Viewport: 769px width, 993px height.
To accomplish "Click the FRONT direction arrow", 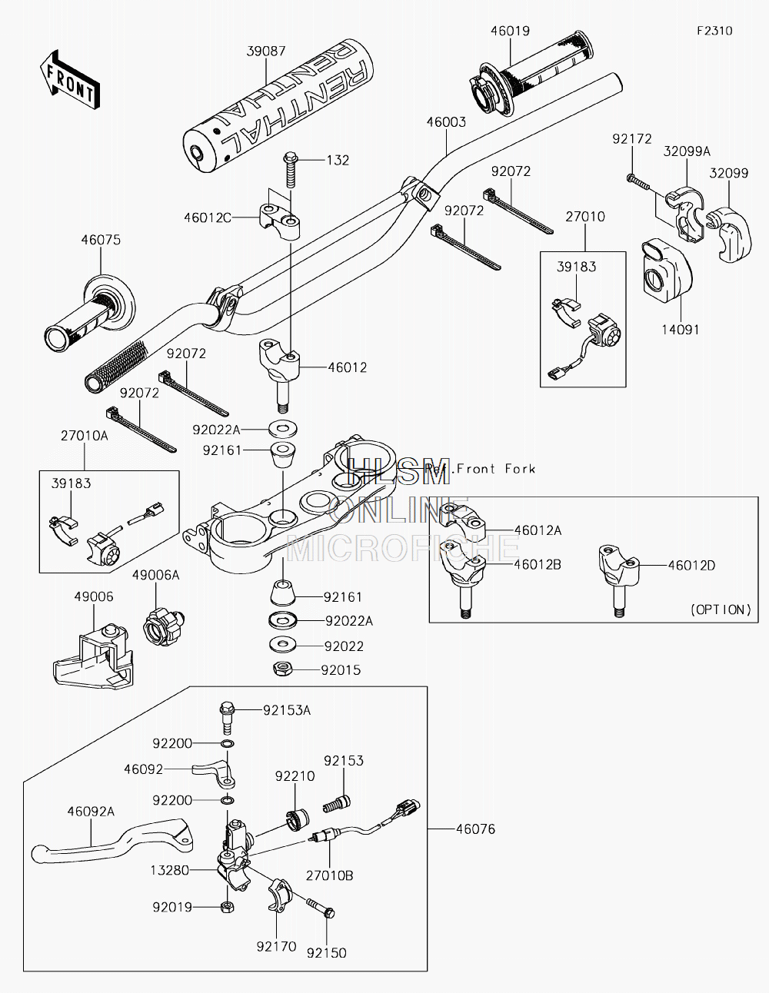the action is [x=69, y=79].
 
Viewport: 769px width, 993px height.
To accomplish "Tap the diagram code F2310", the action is [x=714, y=31].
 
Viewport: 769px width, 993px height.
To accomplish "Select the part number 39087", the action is [x=266, y=51].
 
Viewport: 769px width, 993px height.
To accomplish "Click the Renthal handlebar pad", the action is [x=278, y=107].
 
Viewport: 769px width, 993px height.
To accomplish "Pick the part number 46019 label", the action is [x=510, y=31].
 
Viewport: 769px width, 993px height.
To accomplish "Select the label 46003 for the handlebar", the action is [x=446, y=122].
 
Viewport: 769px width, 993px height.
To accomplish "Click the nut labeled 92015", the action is [x=281, y=669].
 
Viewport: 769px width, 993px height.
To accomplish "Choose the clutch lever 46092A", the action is [x=112, y=842].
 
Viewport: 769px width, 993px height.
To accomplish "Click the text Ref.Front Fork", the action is [x=480, y=468].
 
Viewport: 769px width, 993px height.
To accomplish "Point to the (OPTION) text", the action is [x=721, y=609].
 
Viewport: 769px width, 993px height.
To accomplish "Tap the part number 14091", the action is [x=681, y=330].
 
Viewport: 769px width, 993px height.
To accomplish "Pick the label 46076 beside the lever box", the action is [x=475, y=829].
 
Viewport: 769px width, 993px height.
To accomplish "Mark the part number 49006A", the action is [x=155, y=575].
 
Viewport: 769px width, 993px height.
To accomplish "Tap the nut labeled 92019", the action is [x=227, y=907].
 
